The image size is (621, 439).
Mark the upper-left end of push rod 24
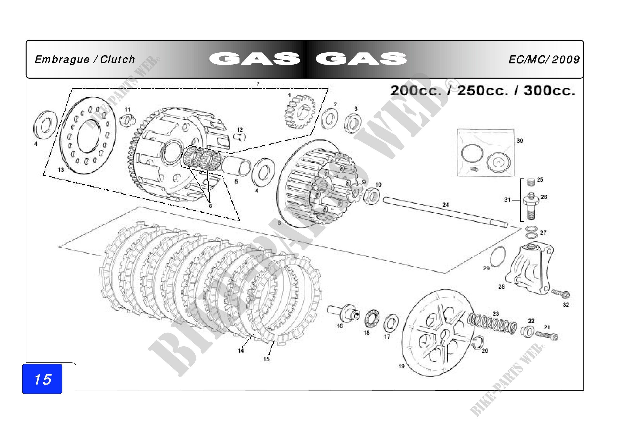(x=385, y=200)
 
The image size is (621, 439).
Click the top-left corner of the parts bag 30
(x=457, y=129)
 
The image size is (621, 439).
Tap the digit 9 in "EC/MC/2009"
(x=576, y=60)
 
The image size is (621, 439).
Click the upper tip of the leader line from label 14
(x=254, y=334)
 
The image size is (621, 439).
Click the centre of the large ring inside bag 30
(x=472, y=153)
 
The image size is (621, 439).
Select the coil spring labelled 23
(x=492, y=324)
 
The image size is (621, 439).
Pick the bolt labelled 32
(x=561, y=293)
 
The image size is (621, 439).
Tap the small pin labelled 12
(x=239, y=138)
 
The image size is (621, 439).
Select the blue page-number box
(x=42, y=379)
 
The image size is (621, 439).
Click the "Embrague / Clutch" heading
(x=85, y=59)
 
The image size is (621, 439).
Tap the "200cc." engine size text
(x=416, y=91)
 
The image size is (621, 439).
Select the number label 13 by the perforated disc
(x=61, y=170)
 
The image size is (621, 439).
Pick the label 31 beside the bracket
(x=507, y=200)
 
